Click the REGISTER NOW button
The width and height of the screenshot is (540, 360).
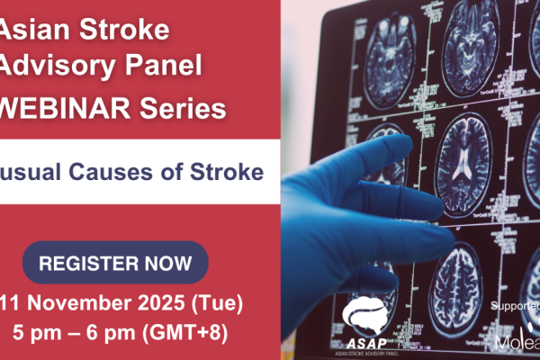pos(115,263)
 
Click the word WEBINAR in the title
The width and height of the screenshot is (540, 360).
pos(69,110)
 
